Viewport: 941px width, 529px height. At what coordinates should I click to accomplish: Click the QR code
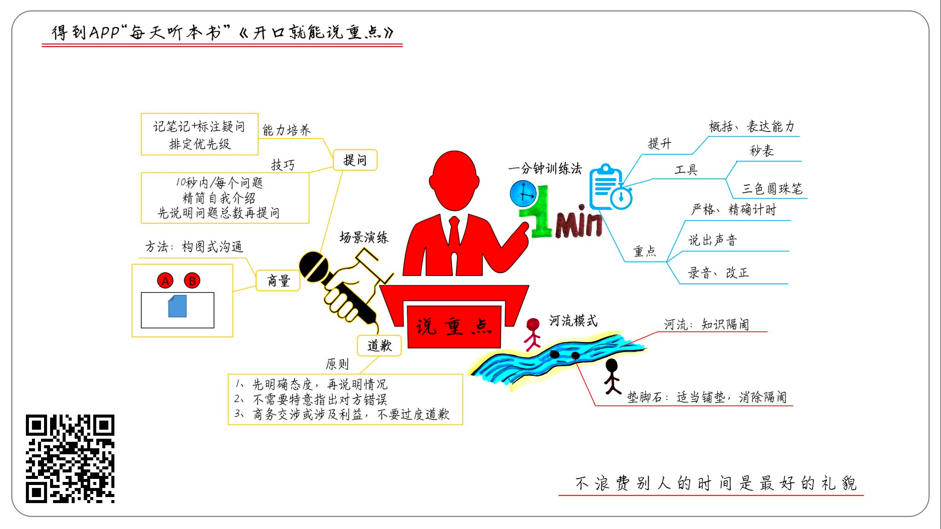[x=70, y=459]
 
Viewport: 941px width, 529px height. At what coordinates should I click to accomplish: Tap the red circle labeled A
[x=165, y=281]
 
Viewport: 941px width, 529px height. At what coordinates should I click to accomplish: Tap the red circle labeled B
[x=192, y=281]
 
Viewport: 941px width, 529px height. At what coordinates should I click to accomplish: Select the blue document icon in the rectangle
[x=177, y=306]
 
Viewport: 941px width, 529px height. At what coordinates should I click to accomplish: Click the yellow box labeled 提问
[x=355, y=160]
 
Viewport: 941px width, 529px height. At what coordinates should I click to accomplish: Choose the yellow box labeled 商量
[x=278, y=281]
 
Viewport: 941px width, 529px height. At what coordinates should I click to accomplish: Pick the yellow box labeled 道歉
[x=379, y=345]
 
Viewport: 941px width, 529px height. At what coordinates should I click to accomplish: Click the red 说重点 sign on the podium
[x=454, y=327]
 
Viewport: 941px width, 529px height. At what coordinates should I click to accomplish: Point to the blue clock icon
[x=523, y=193]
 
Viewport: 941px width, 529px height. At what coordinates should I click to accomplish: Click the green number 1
[x=539, y=214]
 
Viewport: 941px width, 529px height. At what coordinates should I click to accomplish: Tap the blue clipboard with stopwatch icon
[x=610, y=187]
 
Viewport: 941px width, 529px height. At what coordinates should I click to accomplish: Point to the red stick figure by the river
[x=533, y=334]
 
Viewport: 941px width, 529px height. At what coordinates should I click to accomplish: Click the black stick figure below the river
[x=612, y=376]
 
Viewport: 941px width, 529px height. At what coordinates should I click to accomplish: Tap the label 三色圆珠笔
[x=772, y=189]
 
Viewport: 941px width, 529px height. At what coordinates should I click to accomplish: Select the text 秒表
[x=761, y=151]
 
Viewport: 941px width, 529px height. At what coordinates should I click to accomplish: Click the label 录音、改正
[x=718, y=273]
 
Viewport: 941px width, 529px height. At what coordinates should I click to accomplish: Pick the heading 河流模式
[x=573, y=320]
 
